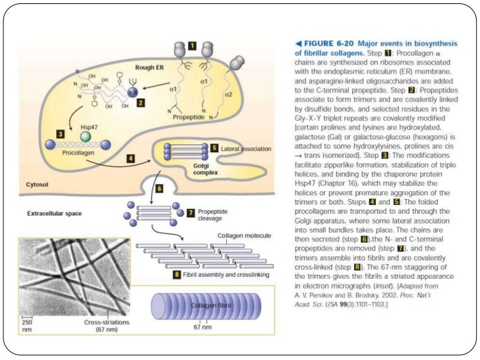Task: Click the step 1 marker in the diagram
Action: pyautogui.click(x=191, y=46)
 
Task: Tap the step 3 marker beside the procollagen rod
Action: pyautogui.click(x=61, y=134)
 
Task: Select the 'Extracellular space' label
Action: pyautogui.click(x=55, y=214)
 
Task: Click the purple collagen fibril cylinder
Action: pyautogui.click(x=206, y=308)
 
